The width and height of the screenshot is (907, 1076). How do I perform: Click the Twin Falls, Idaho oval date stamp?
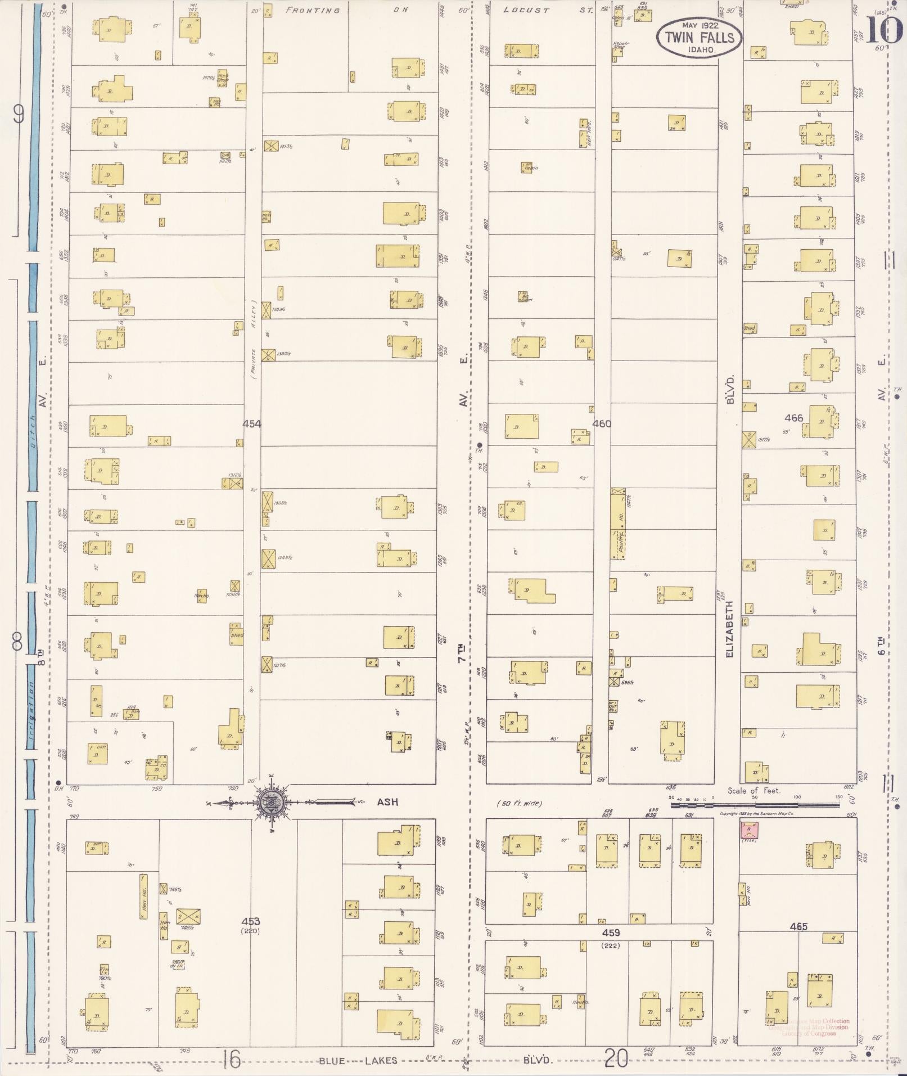[699, 37]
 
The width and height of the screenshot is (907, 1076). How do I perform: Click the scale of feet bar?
[754, 805]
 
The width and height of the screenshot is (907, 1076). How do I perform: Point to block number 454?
[251, 424]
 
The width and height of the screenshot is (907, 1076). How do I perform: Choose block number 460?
[601, 424]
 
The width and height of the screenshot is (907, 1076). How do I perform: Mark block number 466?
[793, 418]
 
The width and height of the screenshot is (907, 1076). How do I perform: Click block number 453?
[250, 921]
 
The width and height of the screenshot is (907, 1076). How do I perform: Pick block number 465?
[798, 926]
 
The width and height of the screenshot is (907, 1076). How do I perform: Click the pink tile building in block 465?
[749, 829]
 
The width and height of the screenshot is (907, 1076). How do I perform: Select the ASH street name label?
[387, 802]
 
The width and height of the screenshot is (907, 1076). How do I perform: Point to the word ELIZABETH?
[730, 629]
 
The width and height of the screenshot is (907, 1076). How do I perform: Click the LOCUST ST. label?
[543, 10]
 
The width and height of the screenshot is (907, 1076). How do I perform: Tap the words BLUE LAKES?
[358, 1061]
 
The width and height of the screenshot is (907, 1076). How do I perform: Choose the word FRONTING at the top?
[313, 10]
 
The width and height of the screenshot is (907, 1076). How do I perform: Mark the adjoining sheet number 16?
[231, 1060]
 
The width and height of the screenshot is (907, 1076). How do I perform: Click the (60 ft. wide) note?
[519, 803]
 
